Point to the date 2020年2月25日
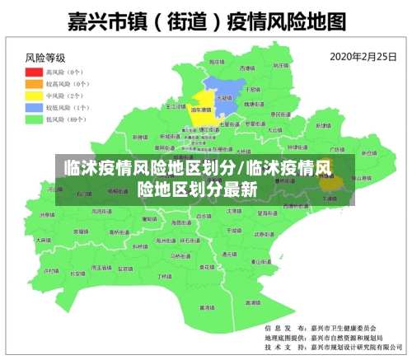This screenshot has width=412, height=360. click(362, 57)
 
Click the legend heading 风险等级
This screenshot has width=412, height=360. click(45, 58)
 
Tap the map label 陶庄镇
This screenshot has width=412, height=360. click(215, 62)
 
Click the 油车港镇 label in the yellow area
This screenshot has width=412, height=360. click(199, 109)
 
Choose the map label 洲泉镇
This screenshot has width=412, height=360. click(48, 213)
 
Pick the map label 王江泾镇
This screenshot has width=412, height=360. click(176, 106)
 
